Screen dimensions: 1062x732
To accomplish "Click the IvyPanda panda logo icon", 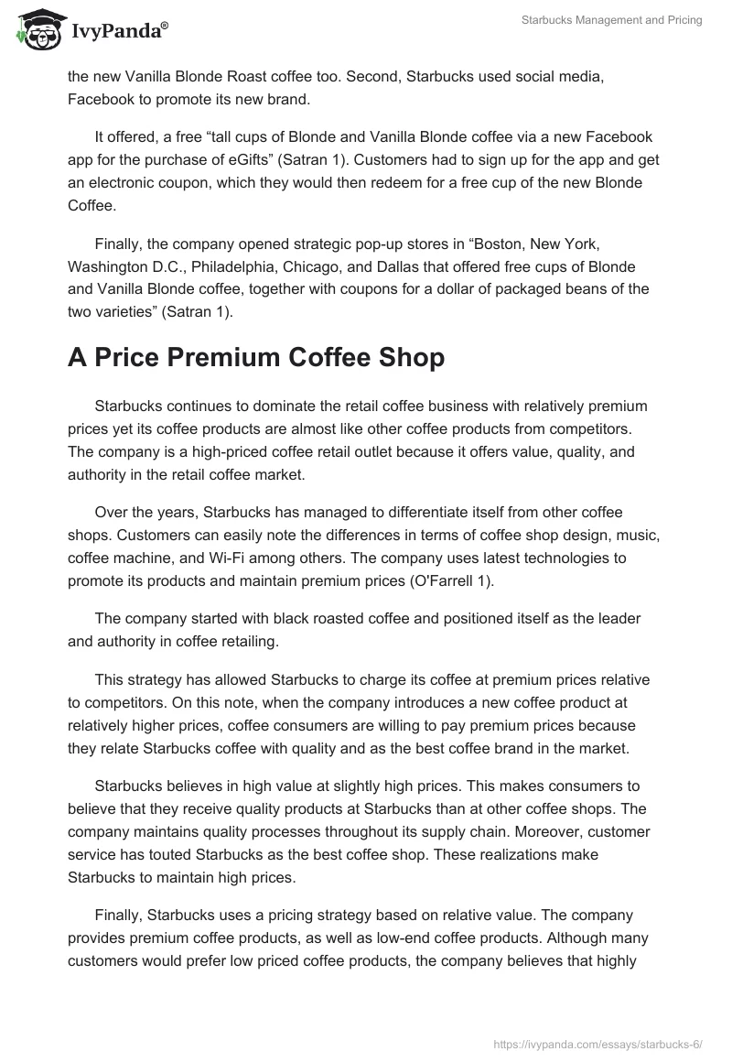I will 36,30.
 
